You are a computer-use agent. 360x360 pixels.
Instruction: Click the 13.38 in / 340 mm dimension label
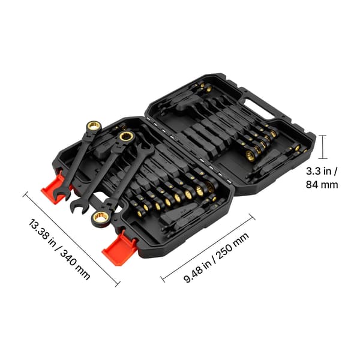(x=59, y=249)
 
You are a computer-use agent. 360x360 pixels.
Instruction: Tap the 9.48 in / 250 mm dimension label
(x=216, y=257)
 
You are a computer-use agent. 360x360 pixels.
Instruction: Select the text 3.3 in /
(x=322, y=171)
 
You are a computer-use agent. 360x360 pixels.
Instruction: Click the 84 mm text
(x=322, y=185)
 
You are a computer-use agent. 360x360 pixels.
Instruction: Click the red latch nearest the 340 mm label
(x=55, y=187)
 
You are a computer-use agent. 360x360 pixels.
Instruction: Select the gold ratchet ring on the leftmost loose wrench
(x=94, y=126)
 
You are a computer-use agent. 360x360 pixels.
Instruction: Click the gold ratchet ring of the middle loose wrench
(x=126, y=137)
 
